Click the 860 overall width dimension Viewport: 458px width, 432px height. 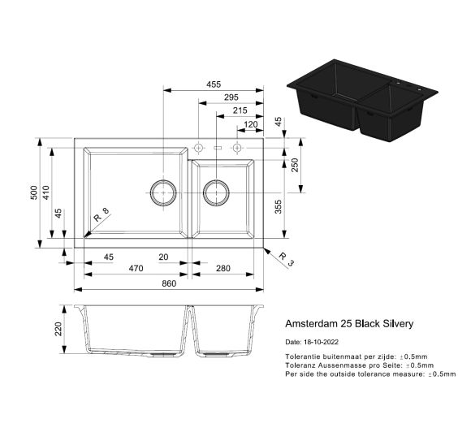(x=169, y=283)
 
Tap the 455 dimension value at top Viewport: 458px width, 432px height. (x=214, y=84)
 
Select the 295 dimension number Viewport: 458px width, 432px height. (x=231, y=97)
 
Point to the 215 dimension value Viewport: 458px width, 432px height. (x=240, y=110)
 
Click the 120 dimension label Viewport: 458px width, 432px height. (x=251, y=124)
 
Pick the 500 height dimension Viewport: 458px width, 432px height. (x=34, y=192)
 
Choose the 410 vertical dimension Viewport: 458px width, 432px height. (x=46, y=192)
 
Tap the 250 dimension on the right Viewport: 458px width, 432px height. (x=295, y=165)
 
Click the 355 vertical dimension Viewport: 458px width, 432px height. (x=279, y=207)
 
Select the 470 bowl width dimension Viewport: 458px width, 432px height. (x=136, y=268)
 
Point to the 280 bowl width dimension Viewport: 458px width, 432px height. (x=223, y=268)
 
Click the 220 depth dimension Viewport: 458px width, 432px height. (x=58, y=329)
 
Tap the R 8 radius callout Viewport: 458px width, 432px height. (x=101, y=214)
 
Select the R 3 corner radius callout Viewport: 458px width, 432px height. (x=286, y=260)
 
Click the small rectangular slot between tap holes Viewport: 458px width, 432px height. (x=218, y=148)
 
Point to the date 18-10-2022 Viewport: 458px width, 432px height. (x=321, y=342)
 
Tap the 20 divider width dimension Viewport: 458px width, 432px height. (x=163, y=257)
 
